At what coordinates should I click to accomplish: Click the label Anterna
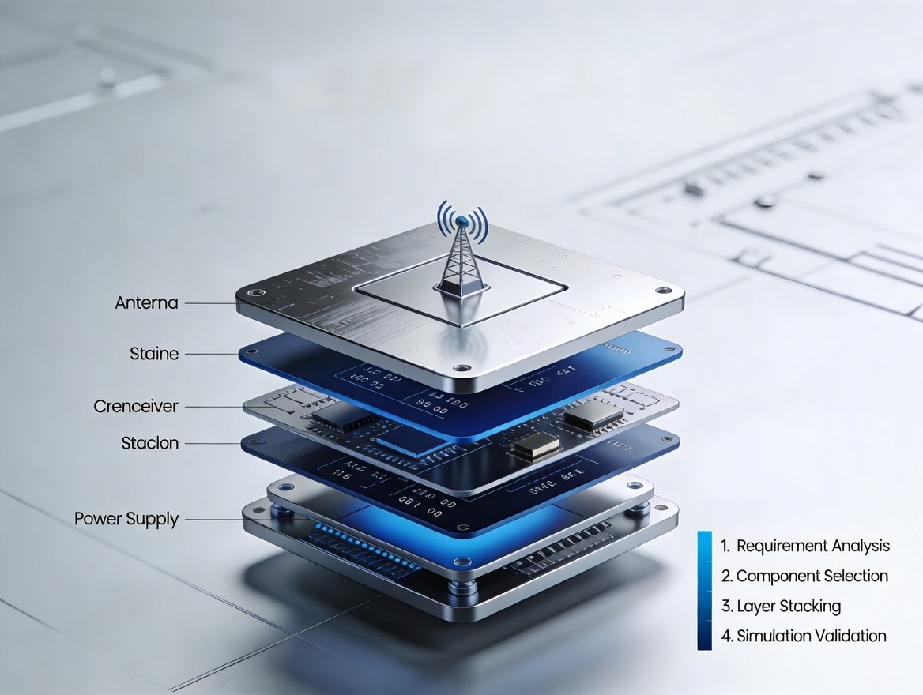click(146, 303)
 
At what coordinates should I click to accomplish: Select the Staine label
click(154, 354)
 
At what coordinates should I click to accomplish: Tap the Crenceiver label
click(135, 407)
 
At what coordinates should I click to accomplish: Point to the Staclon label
click(150, 443)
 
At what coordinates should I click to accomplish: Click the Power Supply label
click(126, 519)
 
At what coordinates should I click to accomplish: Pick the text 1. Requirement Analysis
click(804, 546)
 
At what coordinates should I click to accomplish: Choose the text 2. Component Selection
click(804, 577)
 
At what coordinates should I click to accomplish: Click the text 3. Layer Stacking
click(780, 607)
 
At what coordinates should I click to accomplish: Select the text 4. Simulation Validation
click(803, 636)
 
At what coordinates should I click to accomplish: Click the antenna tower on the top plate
click(462, 265)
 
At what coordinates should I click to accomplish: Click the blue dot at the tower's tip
click(462, 221)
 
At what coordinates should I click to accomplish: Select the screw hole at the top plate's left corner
click(252, 293)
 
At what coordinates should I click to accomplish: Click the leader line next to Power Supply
click(212, 519)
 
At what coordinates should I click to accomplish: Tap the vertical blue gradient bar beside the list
click(704, 590)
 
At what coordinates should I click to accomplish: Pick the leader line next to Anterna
click(210, 303)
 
